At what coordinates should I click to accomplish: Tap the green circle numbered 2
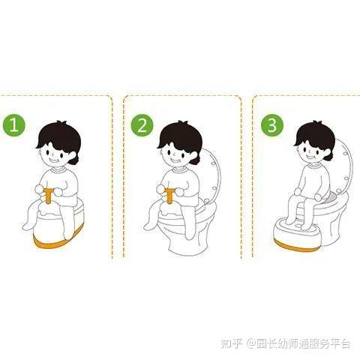click(x=142, y=125)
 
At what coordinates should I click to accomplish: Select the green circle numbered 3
click(x=271, y=124)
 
